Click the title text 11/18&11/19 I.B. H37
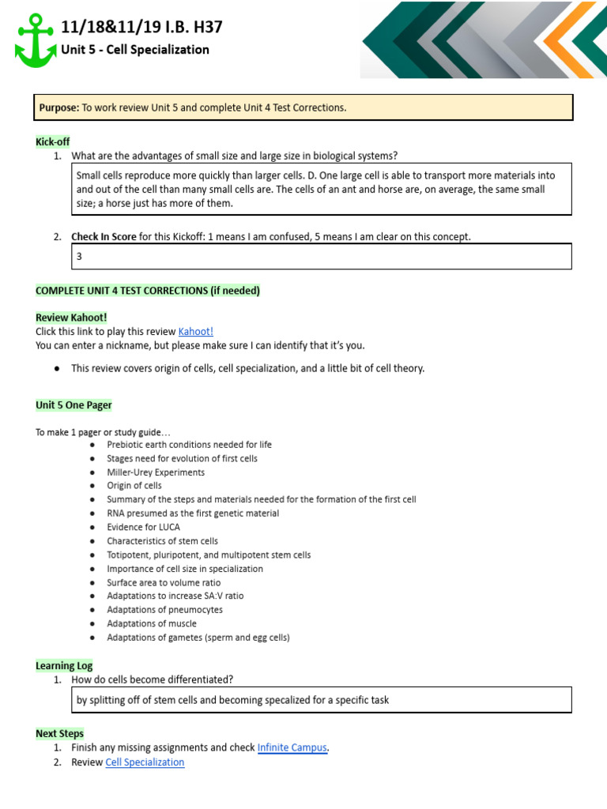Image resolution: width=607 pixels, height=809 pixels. point(141,28)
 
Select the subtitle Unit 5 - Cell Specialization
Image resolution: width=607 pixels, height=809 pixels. point(135,50)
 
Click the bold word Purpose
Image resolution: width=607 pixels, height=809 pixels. point(59,107)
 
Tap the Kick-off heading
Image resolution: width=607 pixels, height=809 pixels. point(53,141)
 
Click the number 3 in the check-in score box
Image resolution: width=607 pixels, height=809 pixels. point(79,257)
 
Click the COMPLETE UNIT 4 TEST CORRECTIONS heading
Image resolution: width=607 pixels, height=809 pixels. point(148,291)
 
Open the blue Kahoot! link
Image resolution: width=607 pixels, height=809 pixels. point(195,332)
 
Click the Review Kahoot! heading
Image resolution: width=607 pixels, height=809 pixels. point(71,318)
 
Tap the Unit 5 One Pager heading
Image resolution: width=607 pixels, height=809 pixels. point(74,405)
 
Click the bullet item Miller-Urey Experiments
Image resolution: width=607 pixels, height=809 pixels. point(156,472)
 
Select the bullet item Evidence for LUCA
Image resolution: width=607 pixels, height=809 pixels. point(143,527)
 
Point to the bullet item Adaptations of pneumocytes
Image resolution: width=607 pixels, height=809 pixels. point(165,610)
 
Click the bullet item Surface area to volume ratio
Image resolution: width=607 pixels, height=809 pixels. point(164,582)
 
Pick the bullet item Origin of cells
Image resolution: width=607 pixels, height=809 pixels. point(134,486)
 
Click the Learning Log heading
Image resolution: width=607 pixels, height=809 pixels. point(64,666)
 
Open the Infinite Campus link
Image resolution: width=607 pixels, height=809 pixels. point(292,747)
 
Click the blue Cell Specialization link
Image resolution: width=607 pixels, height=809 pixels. point(145,762)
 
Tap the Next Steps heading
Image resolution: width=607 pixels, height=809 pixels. point(59,734)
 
